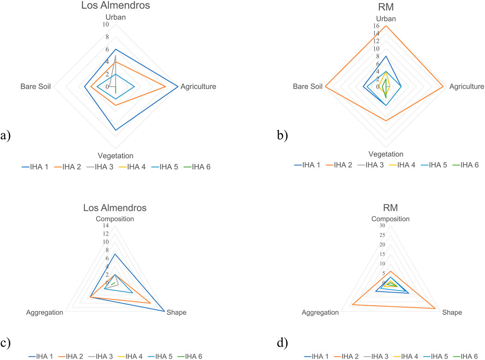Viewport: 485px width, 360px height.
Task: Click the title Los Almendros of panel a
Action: pos(115,6)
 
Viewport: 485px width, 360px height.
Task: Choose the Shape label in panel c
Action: pos(176,312)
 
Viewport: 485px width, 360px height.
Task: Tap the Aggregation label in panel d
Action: pos(320,312)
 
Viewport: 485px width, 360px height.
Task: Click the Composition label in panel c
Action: pos(115,218)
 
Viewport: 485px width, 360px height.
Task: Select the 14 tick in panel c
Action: pos(106,226)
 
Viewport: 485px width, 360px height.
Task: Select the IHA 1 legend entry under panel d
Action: pos(321,355)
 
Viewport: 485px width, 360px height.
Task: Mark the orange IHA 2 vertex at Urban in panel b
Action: pos(385,25)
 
